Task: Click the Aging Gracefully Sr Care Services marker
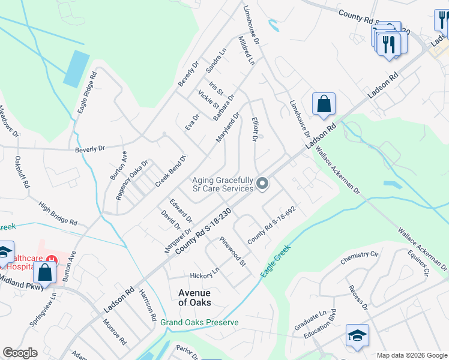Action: (x=262, y=184)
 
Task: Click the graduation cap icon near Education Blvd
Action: (x=357, y=335)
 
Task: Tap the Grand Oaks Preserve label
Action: (x=199, y=322)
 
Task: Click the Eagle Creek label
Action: (x=276, y=260)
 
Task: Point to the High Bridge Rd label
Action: (x=58, y=213)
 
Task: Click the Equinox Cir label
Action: (x=418, y=263)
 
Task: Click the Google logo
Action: (x=20, y=353)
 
